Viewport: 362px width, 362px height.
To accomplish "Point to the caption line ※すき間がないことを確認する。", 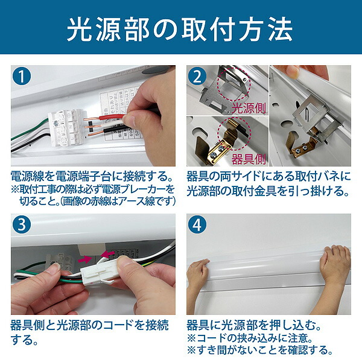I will [260, 351].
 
